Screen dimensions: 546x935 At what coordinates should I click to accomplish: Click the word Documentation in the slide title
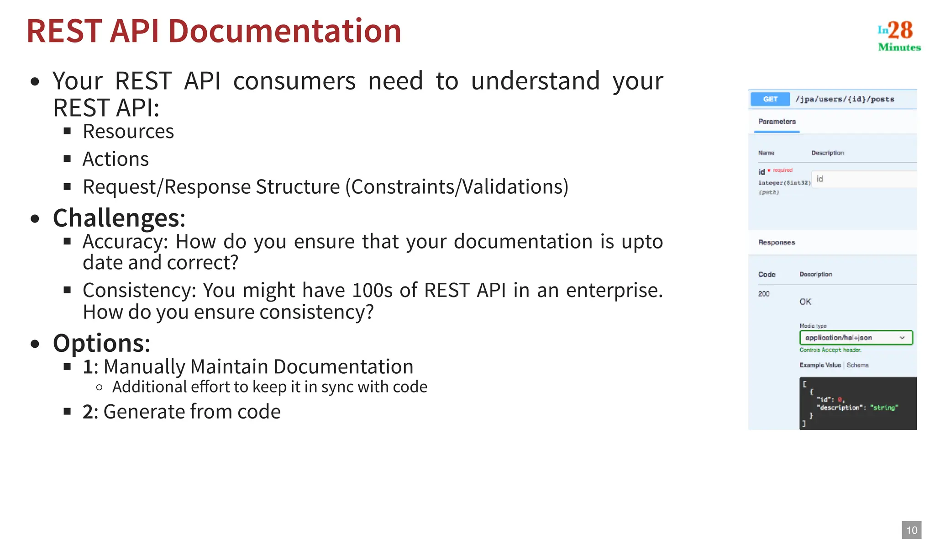coord(285,31)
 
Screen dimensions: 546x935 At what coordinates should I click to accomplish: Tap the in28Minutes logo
coord(898,36)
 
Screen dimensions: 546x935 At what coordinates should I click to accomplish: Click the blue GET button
coord(770,99)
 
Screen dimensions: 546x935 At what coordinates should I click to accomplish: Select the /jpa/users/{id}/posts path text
coord(845,99)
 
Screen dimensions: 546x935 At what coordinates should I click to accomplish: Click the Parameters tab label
coord(777,122)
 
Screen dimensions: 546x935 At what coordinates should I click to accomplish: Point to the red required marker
coord(782,170)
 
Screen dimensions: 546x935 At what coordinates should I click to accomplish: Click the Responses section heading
coord(776,242)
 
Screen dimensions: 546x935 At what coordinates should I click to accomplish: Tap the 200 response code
coord(764,294)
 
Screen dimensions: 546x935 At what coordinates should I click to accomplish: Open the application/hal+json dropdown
coord(856,338)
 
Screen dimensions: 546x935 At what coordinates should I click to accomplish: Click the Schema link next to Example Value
coord(857,365)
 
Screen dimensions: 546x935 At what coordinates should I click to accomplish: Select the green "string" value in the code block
coord(885,408)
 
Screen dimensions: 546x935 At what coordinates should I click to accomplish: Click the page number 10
coord(911,530)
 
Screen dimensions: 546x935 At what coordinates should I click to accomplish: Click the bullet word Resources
coord(128,132)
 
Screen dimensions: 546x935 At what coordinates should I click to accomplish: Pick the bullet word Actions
coord(116,159)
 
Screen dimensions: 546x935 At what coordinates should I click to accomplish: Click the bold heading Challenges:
coord(119,218)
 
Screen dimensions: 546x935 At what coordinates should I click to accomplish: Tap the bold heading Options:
coord(101,343)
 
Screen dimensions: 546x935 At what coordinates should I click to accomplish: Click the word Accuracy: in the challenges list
coord(125,242)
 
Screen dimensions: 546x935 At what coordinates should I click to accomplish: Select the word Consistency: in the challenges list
coord(139,291)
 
